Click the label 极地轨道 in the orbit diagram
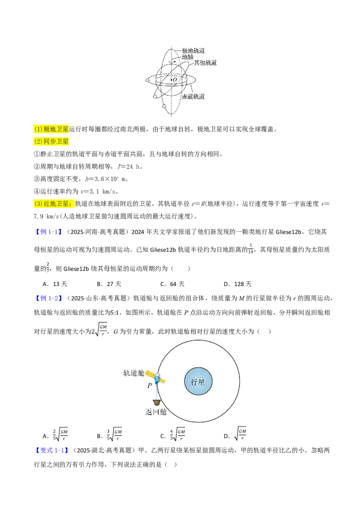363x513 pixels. pyautogui.click(x=193, y=51)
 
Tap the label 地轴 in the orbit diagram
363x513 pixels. pyautogui.click(x=188, y=57)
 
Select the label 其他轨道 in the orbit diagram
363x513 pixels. pyautogui.click(x=206, y=63)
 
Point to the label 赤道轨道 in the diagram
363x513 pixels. pyautogui.click(x=193, y=97)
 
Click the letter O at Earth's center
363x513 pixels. pyautogui.click(x=175, y=79)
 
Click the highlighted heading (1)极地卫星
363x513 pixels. pyautogui.click(x=51, y=129)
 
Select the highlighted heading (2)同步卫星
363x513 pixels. pyautogui.click(x=51, y=141)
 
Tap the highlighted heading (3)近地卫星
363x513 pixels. pyautogui.click(x=54, y=203)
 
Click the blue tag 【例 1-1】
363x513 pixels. pyautogui.click(x=48, y=232)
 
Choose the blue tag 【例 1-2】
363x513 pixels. pyautogui.click(x=48, y=298)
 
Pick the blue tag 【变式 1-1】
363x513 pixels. pyautogui.click(x=52, y=450)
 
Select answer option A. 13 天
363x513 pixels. pyautogui.click(x=55, y=284)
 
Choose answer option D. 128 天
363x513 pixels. pyautogui.click(x=237, y=284)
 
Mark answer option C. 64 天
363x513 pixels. pyautogui.click(x=172, y=284)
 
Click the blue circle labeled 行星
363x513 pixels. pyautogui.click(x=198, y=382)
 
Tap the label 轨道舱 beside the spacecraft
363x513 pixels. pyautogui.click(x=134, y=373)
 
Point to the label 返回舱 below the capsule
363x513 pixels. pyautogui.click(x=156, y=411)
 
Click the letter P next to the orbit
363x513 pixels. pyautogui.click(x=150, y=385)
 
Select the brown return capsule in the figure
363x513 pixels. pyautogui.click(x=157, y=402)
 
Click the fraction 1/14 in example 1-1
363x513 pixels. pyautogui.click(x=250, y=249)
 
